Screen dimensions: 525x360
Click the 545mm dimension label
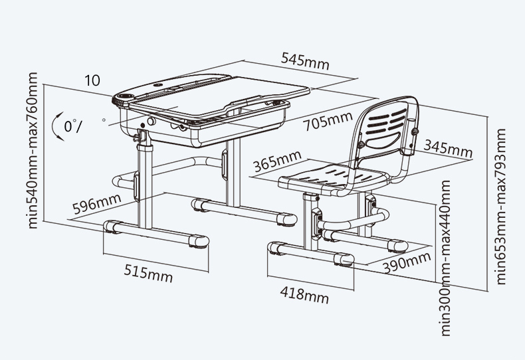click(305, 61)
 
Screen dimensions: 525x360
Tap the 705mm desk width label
click(328, 120)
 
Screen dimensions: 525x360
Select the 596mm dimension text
click(97, 203)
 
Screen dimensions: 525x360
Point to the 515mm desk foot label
click(148, 274)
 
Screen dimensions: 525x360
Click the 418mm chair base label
click(304, 294)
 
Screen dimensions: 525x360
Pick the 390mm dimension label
click(407, 262)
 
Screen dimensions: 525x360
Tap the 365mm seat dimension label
click(278, 161)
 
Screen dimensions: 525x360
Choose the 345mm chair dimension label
click(448, 149)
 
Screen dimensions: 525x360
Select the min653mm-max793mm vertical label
click(500, 207)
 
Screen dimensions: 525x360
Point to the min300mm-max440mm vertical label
click(445, 258)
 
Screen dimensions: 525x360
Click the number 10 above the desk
click(92, 80)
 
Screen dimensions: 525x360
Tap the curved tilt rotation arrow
click(56, 126)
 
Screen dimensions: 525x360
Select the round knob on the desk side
click(152, 121)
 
